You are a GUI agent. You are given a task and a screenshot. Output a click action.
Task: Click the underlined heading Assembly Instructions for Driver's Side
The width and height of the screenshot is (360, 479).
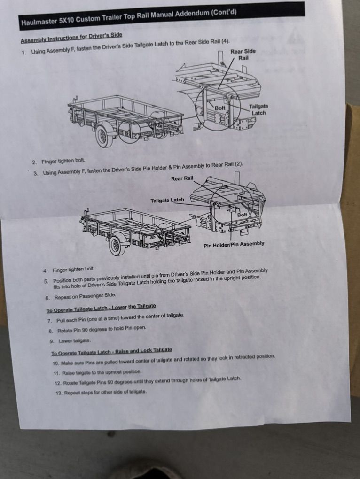pyautogui.click(x=71, y=38)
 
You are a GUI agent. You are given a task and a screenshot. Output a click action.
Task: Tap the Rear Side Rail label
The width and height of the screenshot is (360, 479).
pyautogui.click(x=243, y=54)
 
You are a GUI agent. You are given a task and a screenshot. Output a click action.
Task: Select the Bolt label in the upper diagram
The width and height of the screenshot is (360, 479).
pyautogui.click(x=220, y=108)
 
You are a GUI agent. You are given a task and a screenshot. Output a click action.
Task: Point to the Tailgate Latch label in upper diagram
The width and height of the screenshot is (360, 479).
pyautogui.click(x=258, y=110)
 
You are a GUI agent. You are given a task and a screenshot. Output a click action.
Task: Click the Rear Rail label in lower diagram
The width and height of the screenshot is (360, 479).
pyautogui.click(x=182, y=178)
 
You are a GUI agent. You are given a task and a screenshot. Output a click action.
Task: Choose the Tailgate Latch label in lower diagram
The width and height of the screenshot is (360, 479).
pyautogui.click(x=167, y=201)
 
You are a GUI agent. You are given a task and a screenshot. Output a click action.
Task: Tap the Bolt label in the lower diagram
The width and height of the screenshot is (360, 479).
pyautogui.click(x=242, y=215)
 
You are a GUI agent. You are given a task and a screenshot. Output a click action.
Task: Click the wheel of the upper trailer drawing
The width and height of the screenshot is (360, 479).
pyautogui.click(x=103, y=136)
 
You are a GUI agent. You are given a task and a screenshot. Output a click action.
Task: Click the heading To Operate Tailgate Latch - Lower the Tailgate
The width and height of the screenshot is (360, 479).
pyautogui.click(x=101, y=308)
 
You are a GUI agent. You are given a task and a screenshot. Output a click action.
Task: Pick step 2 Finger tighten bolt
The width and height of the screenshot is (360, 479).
pyautogui.click(x=59, y=161)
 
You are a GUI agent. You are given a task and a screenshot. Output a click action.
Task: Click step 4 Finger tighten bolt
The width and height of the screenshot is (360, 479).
pyautogui.click(x=69, y=270)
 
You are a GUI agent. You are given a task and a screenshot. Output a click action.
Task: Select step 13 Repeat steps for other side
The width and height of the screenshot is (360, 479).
pyautogui.click(x=101, y=392)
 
